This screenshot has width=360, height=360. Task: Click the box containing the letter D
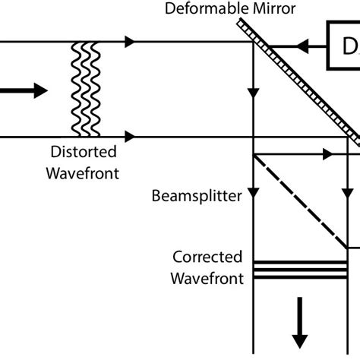click(x=345, y=46)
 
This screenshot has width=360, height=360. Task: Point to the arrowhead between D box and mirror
click(x=303, y=46)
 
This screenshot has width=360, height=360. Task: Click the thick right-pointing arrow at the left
click(x=23, y=90)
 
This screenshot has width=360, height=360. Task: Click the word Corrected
click(x=207, y=257)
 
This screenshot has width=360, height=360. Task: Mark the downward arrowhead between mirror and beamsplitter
click(x=252, y=97)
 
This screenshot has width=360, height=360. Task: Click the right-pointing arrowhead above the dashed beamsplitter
click(x=327, y=154)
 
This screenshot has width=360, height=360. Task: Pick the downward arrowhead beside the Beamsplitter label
click(x=252, y=196)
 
